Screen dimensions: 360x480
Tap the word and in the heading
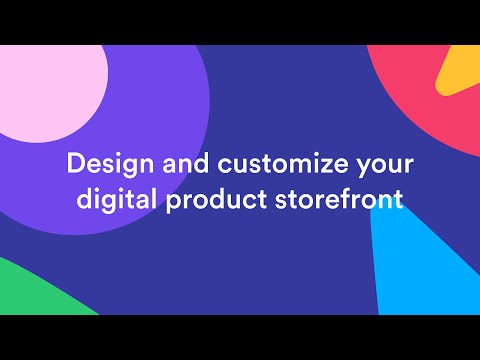[180, 163]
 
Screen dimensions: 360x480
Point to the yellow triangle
[463, 75]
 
